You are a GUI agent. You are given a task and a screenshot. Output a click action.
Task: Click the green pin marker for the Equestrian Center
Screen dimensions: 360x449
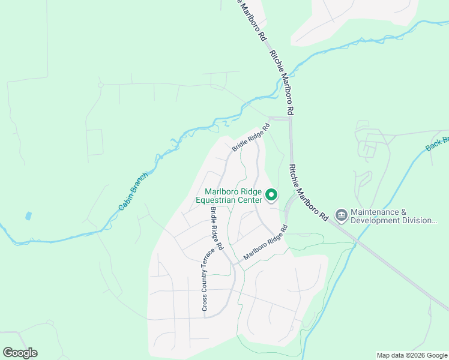[x=271, y=194]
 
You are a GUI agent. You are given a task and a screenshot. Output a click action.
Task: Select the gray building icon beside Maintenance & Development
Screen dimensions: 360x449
[x=341, y=214]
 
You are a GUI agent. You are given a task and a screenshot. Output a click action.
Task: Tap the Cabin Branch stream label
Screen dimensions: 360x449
[x=133, y=197]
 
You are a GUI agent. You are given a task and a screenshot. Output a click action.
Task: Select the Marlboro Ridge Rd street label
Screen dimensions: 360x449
[x=266, y=243]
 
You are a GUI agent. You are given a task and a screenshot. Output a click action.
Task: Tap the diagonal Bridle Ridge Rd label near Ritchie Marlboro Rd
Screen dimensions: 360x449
[x=252, y=137]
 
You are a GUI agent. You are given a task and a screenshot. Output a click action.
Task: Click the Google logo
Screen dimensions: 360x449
[x=20, y=353]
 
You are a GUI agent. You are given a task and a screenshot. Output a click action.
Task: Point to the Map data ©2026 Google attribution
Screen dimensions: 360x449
[x=411, y=355]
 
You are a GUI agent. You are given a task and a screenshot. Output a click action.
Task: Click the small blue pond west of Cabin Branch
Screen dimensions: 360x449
[x=28, y=215]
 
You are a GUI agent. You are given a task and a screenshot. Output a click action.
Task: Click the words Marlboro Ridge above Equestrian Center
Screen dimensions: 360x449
[x=231, y=191]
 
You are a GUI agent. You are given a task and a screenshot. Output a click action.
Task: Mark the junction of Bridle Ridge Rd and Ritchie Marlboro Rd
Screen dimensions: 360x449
[x=289, y=119]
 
